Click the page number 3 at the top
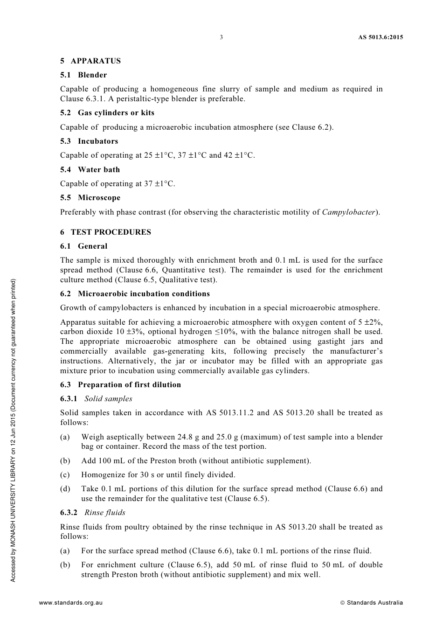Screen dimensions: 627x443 [221, 37]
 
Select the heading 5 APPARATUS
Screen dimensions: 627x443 [90, 61]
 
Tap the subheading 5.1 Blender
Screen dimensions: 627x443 [83, 75]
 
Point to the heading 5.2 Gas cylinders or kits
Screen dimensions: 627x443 [107, 113]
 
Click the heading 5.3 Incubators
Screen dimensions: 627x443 [89, 141]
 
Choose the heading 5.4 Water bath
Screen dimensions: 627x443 [90, 170]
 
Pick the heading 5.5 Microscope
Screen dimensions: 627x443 [90, 198]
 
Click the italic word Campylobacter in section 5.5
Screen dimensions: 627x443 [349, 212]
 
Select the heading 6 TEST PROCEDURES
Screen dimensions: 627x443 [105, 232]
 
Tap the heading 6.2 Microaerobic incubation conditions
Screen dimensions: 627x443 [135, 294]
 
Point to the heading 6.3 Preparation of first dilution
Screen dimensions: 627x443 [120, 385]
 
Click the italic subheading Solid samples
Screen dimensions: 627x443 [108, 399]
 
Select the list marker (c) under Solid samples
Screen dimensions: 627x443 [65, 475]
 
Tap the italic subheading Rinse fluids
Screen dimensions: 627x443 [105, 513]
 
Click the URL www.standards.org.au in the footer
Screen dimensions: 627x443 [71, 603]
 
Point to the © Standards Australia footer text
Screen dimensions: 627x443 [371, 603]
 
